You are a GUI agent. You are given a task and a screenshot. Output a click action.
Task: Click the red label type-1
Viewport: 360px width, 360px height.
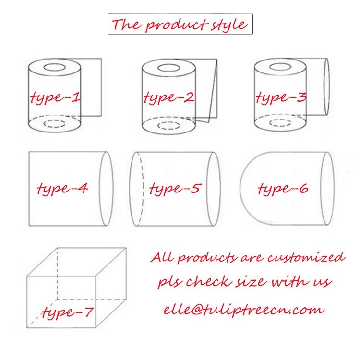(55, 97)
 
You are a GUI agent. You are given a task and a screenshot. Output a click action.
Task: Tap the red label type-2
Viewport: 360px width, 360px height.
(169, 97)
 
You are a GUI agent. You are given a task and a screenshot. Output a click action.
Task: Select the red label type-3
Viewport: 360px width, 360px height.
(281, 97)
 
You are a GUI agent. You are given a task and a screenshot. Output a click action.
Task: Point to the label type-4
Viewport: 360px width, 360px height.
(62, 189)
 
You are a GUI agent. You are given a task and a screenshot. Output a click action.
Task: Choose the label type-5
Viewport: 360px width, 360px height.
(175, 189)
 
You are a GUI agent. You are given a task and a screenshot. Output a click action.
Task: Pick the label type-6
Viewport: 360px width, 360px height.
(283, 189)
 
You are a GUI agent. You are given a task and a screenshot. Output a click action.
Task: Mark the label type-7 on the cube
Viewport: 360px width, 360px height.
(68, 312)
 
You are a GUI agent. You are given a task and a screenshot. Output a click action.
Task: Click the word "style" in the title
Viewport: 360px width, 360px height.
(229, 25)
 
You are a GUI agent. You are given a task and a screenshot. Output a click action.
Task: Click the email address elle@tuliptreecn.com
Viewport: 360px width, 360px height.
(244, 310)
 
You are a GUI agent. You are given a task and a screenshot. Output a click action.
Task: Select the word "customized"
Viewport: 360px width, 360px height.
(307, 257)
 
